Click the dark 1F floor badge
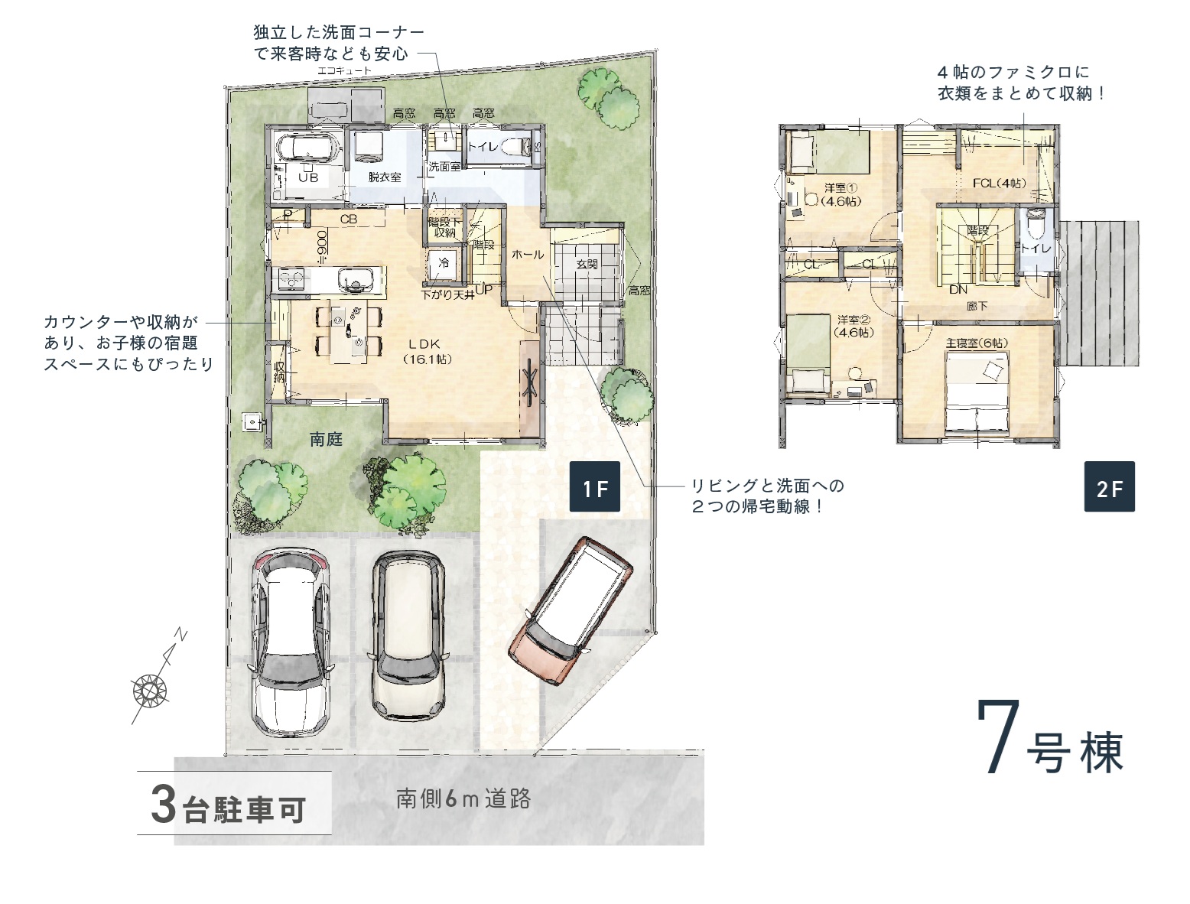594,486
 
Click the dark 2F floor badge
1109,486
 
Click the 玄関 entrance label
587,264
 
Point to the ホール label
527,254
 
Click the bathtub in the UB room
307,148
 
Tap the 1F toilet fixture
515,146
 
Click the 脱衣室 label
385,177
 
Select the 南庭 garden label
326,438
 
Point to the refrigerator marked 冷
444,265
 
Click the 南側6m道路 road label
463,798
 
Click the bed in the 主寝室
977,394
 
